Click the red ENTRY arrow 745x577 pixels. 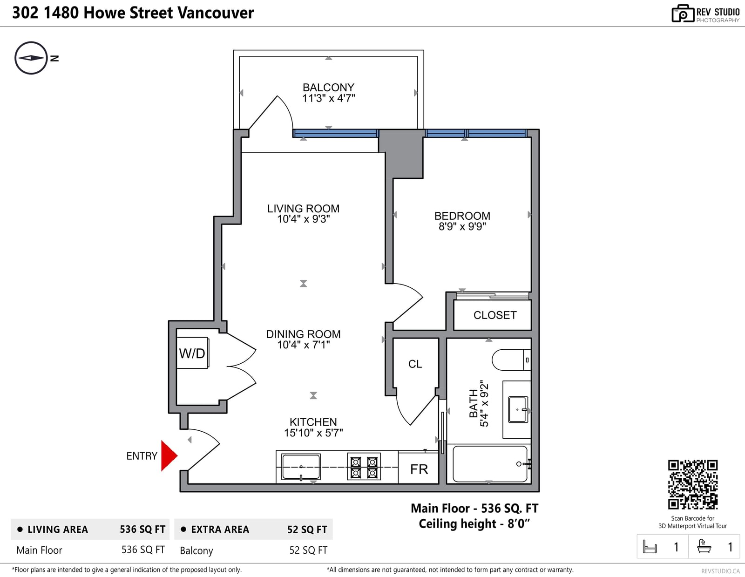169,455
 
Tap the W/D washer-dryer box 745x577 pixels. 192,353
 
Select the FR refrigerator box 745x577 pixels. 419,468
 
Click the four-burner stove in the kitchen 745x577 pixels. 364,466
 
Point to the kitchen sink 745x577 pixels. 301,467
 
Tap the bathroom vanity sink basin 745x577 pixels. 518,409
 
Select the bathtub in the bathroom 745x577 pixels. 490,464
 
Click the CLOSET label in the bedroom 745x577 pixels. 494,315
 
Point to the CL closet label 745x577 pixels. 415,364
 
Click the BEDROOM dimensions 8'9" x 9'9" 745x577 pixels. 462,227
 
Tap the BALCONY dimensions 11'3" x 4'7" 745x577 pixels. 328,98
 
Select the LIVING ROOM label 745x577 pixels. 304,209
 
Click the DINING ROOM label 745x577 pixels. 304,334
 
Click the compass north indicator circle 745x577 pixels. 31,58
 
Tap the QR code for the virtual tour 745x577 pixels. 692,485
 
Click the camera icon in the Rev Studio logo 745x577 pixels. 682,14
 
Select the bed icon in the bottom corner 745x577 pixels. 650,546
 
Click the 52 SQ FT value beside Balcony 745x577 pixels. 308,550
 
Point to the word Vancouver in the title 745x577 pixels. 216,13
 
